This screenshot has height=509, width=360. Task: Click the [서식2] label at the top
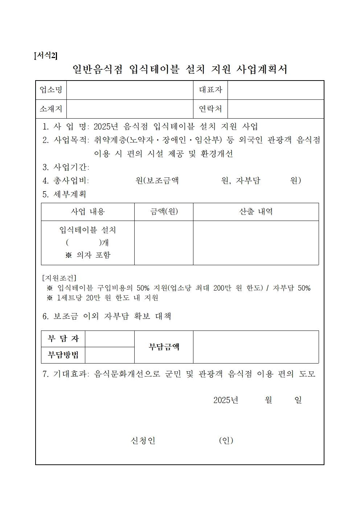pyautogui.click(x=46, y=56)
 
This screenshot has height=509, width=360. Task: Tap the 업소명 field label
pyautogui.click(x=51, y=90)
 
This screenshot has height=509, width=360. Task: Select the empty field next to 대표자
pyautogui.click(x=275, y=90)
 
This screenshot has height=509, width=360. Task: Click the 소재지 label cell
pyautogui.click(x=51, y=109)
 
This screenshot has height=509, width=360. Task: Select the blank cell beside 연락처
pyautogui.click(x=275, y=109)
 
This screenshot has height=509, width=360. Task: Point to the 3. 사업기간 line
pyautogui.click(x=66, y=167)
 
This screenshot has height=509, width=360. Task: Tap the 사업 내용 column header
pyautogui.click(x=88, y=212)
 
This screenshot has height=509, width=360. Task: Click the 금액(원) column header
pyautogui.click(x=164, y=212)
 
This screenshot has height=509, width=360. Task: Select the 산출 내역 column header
pyautogui.click(x=256, y=212)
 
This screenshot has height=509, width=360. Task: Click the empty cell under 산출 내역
pyautogui.click(x=256, y=243)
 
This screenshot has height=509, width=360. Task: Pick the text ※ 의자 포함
pyautogui.click(x=88, y=255)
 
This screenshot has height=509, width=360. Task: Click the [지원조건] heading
pyautogui.click(x=59, y=278)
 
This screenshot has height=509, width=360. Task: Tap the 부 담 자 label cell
pyautogui.click(x=63, y=339)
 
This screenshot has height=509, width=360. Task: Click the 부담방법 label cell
pyautogui.click(x=63, y=355)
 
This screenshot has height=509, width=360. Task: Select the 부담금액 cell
pyautogui.click(x=164, y=347)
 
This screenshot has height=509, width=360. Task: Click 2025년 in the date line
pyautogui.click(x=226, y=400)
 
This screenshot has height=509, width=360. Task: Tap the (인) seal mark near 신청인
pyautogui.click(x=226, y=440)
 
